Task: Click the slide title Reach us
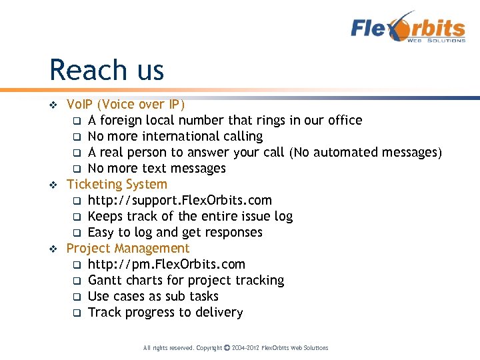(107, 70)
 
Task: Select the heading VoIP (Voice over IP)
(126, 104)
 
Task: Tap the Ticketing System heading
(117, 184)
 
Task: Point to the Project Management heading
(128, 248)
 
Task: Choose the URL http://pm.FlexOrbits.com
(166, 264)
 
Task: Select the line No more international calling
(175, 136)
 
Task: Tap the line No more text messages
(157, 168)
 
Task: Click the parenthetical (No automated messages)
(365, 153)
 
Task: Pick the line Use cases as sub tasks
(153, 296)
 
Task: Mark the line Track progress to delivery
(165, 312)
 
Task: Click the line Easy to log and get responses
(175, 232)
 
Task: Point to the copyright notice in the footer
(235, 348)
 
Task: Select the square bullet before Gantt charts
(77, 281)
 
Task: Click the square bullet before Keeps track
(77, 217)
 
